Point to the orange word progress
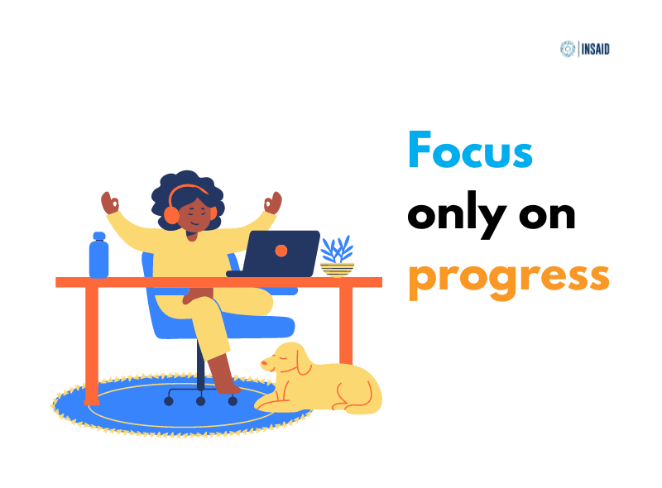coord(508,278)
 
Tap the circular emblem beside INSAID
coord(568,48)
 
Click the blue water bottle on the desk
coord(98,256)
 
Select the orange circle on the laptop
coord(281,250)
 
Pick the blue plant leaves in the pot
coord(337,248)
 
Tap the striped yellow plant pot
coord(337,268)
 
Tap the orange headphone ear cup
coord(171,215)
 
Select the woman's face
coord(194,217)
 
